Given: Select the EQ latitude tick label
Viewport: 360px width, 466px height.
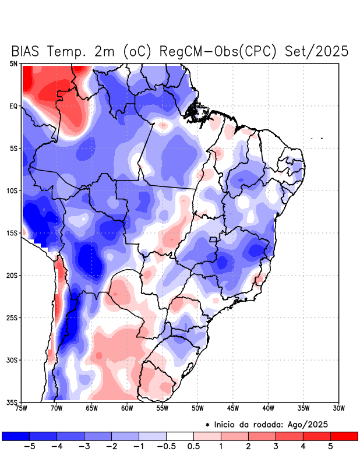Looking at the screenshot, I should click(x=13, y=106).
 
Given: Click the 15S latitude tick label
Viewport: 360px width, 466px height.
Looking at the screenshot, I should click(x=12, y=233).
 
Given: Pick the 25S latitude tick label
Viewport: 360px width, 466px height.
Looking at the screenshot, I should click(x=12, y=317).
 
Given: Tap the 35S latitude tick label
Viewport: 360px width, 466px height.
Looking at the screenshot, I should click(x=12, y=402).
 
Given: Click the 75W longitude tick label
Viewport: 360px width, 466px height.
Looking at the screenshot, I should click(x=22, y=408).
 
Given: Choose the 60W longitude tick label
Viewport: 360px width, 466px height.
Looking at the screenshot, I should click(x=127, y=408).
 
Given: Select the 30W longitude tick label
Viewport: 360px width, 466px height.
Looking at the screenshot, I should click(x=338, y=408).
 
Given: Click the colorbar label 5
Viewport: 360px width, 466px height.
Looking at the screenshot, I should click(x=330, y=447).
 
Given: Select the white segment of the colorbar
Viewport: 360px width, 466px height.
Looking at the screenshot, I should click(x=180, y=436).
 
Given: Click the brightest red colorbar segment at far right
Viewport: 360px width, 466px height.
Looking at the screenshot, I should click(x=344, y=436).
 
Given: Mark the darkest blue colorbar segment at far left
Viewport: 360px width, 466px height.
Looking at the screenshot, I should click(x=16, y=436).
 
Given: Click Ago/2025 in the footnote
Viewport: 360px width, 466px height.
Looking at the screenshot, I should click(x=315, y=424).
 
